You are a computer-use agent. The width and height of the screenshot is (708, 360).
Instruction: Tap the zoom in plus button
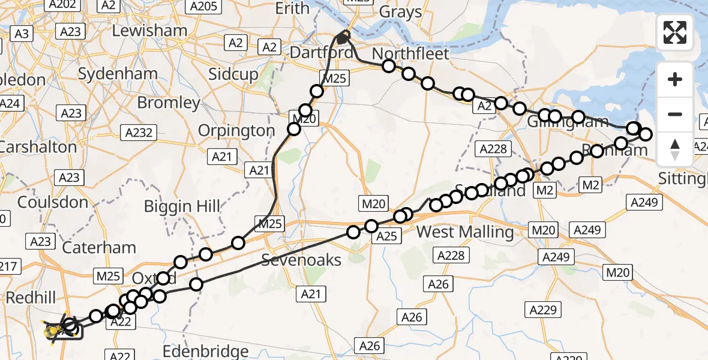coord(675,79)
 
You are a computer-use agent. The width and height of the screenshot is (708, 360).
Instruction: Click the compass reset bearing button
coord(675,149)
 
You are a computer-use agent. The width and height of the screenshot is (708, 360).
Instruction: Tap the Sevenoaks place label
coord(301,260)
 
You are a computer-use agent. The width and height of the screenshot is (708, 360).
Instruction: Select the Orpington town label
coord(236,130)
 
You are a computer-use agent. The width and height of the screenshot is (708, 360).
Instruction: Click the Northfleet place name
coord(410,54)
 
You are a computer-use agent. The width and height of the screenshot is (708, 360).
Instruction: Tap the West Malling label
coord(465,232)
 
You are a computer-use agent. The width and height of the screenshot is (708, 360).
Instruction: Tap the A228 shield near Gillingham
coord(493,149)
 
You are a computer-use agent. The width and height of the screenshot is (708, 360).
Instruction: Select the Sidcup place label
coord(233,74)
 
